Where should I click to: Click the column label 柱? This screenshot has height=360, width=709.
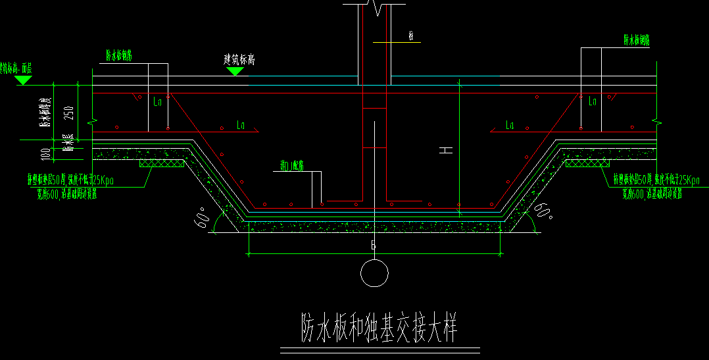411,37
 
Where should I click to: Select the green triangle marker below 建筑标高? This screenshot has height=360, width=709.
235,71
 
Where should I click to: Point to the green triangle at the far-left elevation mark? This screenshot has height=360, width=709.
24,80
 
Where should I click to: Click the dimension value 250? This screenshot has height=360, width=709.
68,111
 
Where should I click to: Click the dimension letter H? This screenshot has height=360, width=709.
447,150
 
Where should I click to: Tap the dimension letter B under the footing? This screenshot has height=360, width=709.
373,245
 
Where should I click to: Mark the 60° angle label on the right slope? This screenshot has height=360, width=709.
542,212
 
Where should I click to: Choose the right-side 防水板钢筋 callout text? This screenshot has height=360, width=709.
637,39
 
